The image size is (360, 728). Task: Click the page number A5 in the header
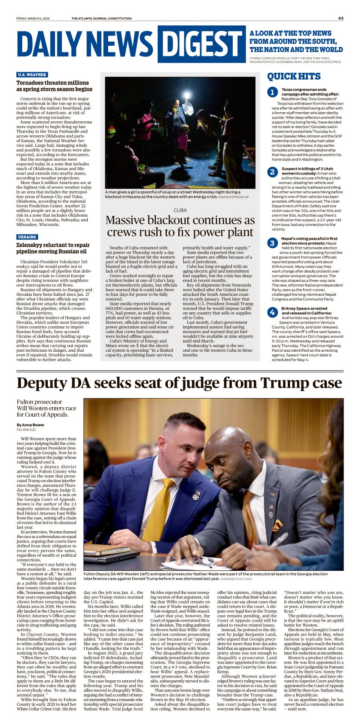click(340, 18)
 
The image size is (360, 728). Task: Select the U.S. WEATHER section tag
click(32, 75)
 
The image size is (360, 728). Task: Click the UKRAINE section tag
click(27, 237)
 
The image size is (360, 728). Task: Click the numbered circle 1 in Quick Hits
click(272, 93)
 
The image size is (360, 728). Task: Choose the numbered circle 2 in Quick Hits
click(272, 172)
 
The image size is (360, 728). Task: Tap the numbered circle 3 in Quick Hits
click(272, 243)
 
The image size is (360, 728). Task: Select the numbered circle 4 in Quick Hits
click(272, 312)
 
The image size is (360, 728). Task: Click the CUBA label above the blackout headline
click(180, 210)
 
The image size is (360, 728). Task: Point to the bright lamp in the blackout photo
click(186, 96)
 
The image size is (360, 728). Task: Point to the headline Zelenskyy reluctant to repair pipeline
click(53, 248)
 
